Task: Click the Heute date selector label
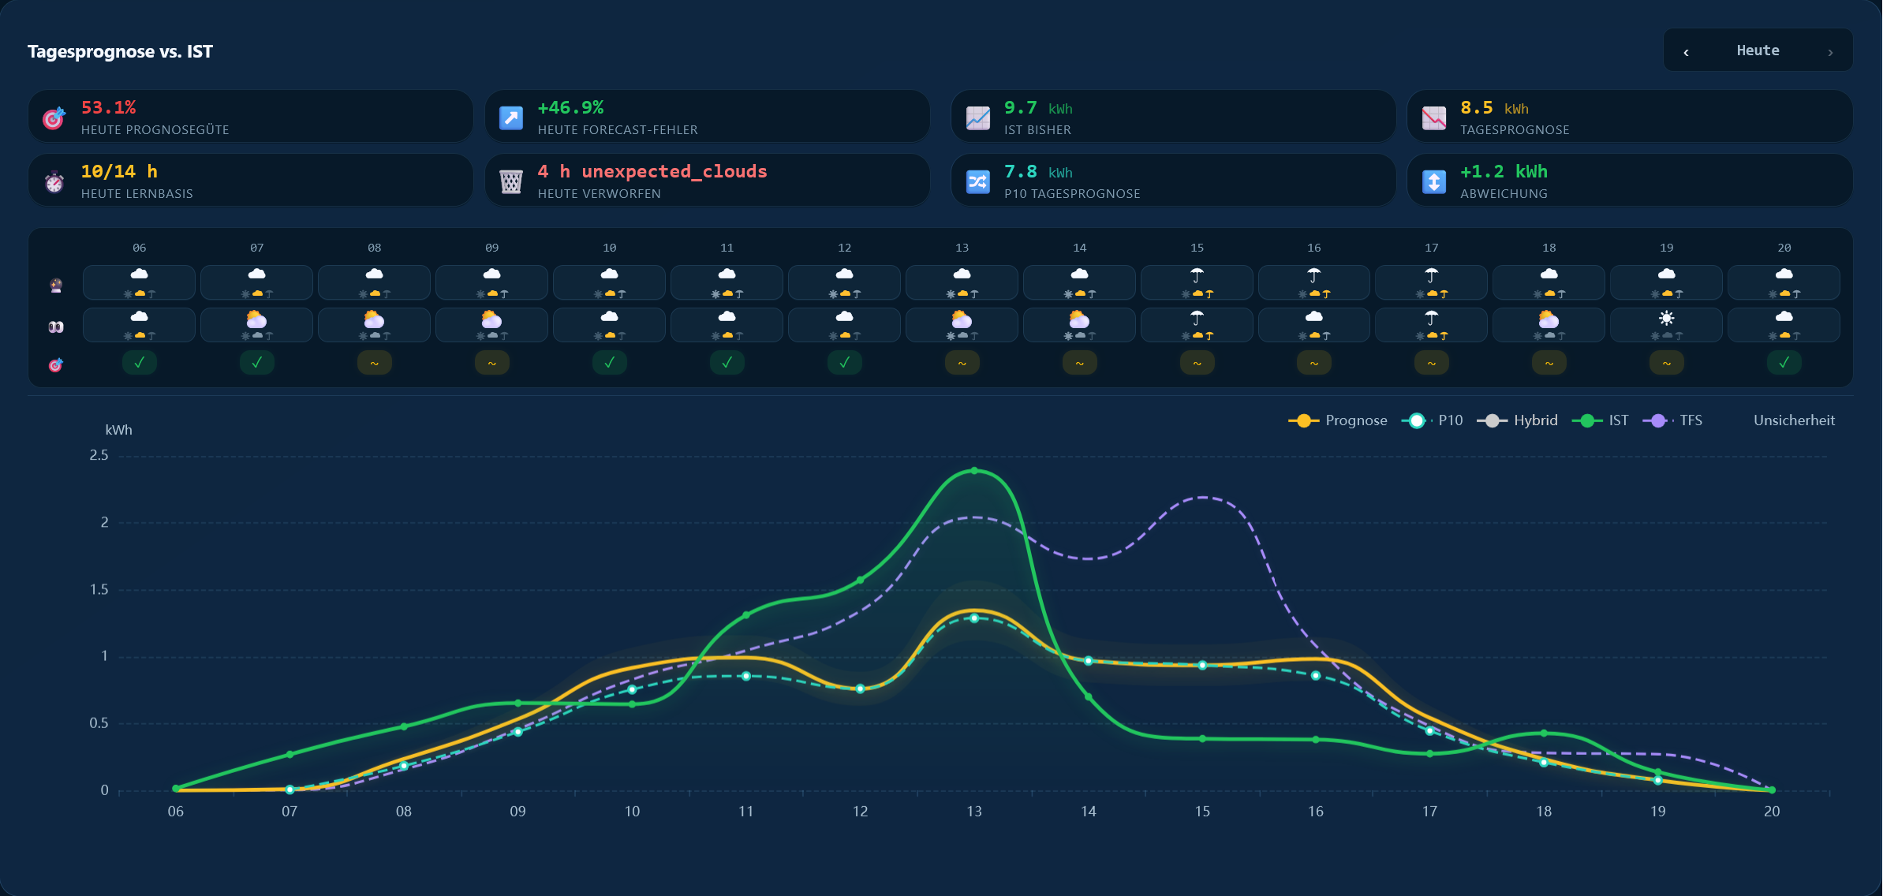pyautogui.click(x=1758, y=50)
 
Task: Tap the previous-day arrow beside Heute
pyautogui.click(x=1686, y=52)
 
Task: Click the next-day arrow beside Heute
pyautogui.click(x=1830, y=52)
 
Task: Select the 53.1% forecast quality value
pyautogui.click(x=108, y=107)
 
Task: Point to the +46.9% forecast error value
pyautogui.click(x=570, y=107)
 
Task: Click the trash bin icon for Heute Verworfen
pyautogui.click(x=511, y=181)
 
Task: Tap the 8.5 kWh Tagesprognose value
pyautogui.click(x=1494, y=107)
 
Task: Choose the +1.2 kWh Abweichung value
pyautogui.click(x=1504, y=171)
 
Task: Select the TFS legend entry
pyautogui.click(x=1672, y=420)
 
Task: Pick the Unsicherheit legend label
pyautogui.click(x=1794, y=420)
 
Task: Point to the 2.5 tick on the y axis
pyautogui.click(x=99, y=455)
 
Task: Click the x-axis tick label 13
pyautogui.click(x=974, y=811)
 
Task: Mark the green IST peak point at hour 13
pyautogui.click(x=974, y=471)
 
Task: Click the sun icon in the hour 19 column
pyautogui.click(x=1666, y=318)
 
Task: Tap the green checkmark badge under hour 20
pyautogui.click(x=1784, y=363)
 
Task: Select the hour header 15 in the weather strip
pyautogui.click(x=1197, y=248)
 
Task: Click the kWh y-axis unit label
pyautogui.click(x=118, y=430)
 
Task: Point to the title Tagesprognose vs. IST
pyautogui.click(x=120, y=51)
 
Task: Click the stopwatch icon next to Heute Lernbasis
pyautogui.click(x=54, y=181)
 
